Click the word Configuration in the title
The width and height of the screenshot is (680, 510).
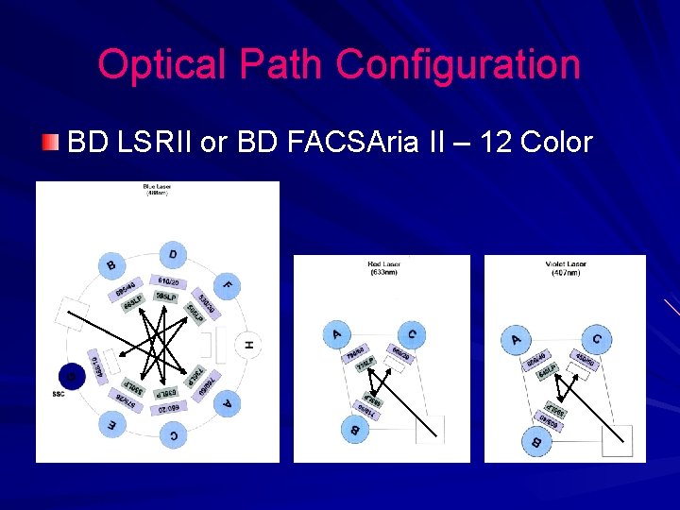coord(458,65)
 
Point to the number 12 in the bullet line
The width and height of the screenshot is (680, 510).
coord(499,143)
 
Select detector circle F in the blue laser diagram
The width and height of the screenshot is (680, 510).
coord(227,283)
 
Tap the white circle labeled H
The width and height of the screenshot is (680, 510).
coord(248,345)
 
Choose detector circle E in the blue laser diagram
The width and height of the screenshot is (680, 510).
coord(112,424)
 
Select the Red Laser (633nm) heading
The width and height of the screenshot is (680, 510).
coord(382,268)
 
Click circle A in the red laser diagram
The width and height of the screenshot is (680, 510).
coord(337,331)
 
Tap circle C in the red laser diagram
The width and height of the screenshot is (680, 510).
coord(411,333)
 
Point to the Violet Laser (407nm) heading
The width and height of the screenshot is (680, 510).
coord(565,268)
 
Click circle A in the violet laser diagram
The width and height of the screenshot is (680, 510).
coord(516,338)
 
